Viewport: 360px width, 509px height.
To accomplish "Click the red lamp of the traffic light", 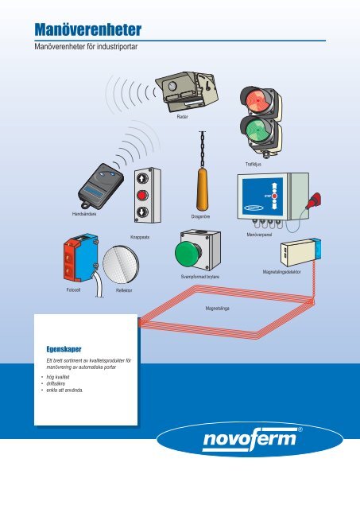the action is point(258,100).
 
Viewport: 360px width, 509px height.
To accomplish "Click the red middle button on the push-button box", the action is point(142,196).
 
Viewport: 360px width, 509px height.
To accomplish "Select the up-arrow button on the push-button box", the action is point(142,178).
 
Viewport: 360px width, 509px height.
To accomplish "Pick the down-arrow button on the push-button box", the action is point(142,212).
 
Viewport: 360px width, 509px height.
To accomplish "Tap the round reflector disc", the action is point(121,264).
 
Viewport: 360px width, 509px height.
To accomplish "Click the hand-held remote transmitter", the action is point(100,185).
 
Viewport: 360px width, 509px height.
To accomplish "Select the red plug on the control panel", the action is point(315,200).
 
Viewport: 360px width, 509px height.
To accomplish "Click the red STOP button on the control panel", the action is point(274,196).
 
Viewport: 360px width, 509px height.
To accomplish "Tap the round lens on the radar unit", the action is point(172,86).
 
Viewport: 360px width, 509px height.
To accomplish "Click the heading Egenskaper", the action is point(64,349).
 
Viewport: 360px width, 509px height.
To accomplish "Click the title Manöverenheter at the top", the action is point(88,29).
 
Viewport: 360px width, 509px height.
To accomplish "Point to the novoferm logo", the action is point(250,439).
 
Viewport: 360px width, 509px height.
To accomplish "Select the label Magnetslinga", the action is point(217,308).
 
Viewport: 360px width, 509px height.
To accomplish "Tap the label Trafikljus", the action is point(254,165).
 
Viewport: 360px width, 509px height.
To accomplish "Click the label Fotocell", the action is point(73,289).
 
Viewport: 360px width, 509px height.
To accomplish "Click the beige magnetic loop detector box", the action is point(298,252).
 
